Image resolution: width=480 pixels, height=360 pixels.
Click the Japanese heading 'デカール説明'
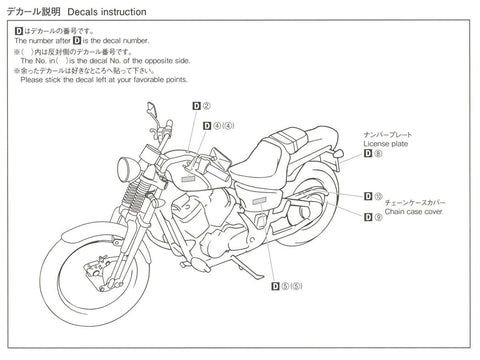39,12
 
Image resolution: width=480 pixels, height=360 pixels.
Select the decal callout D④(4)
217,126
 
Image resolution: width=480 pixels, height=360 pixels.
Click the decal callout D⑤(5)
287,287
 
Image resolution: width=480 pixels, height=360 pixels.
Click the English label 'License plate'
385,142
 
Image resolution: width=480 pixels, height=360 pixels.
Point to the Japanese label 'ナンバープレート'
388,132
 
